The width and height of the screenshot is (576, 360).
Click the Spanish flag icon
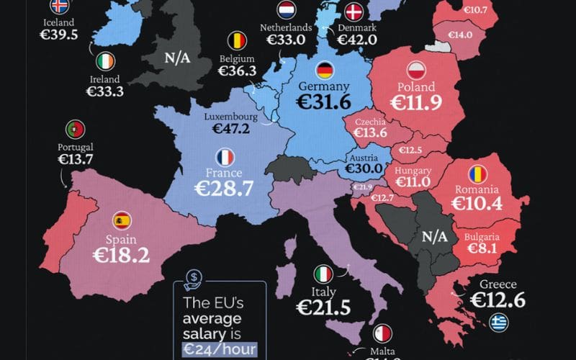pos(122,221)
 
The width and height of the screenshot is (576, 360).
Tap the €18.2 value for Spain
pos(121,253)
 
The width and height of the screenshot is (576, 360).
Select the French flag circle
pos(225,157)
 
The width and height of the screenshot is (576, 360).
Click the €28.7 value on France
pos(225,189)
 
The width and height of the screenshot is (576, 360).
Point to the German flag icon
pos(325,70)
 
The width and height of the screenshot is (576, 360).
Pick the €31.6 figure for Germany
pos(325,102)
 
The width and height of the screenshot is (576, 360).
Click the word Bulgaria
pos(478,235)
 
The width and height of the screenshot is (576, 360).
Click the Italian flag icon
pos(323,274)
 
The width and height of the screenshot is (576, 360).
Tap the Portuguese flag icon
pos(76,130)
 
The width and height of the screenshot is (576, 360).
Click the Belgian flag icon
pos(237,39)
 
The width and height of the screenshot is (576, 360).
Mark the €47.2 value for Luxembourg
pos(230,129)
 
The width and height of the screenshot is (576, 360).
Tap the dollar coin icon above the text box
pos(194,278)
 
